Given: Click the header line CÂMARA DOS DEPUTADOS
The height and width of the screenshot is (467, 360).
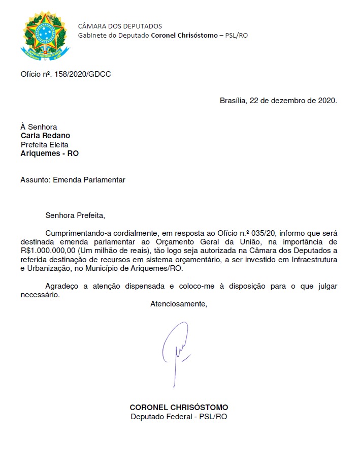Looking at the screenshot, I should [x=119, y=26].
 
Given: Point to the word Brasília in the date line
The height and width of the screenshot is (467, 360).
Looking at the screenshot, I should [x=232, y=101].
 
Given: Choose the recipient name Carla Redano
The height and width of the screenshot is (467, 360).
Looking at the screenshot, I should [x=45, y=136].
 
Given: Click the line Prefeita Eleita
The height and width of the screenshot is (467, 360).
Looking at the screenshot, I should [x=44, y=144].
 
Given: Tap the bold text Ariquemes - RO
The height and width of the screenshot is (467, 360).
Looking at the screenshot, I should [x=49, y=153].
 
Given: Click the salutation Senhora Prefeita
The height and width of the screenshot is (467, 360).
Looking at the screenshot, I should [x=75, y=215].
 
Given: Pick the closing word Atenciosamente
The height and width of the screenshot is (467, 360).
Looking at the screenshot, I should [x=179, y=304].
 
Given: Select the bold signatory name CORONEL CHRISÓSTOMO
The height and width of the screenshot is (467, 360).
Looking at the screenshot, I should [x=179, y=408].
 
